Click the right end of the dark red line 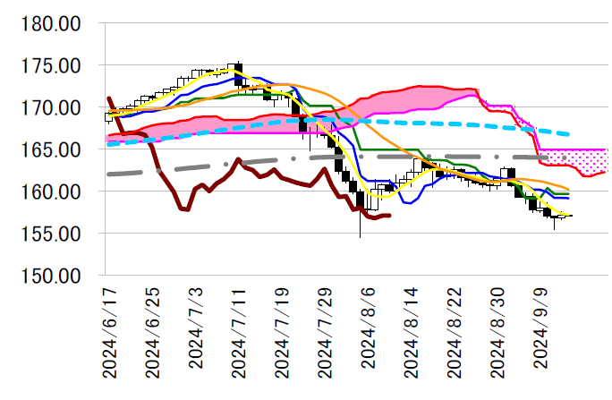(x=389, y=216)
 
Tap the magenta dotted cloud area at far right (x=591, y=162)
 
